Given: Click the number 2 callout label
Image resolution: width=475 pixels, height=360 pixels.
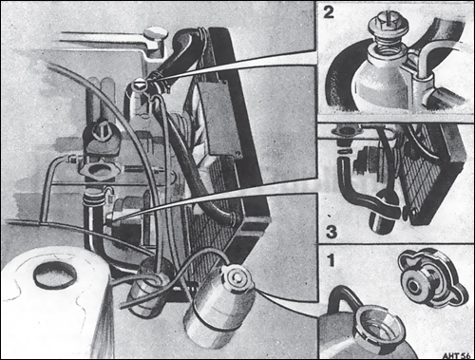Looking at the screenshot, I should point(330,15).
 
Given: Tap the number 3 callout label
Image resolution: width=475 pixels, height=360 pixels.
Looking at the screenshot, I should point(330,232).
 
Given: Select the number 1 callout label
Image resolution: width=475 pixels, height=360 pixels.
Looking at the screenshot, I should point(330,259).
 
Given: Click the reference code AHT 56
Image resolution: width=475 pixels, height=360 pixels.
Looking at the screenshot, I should point(452,351).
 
